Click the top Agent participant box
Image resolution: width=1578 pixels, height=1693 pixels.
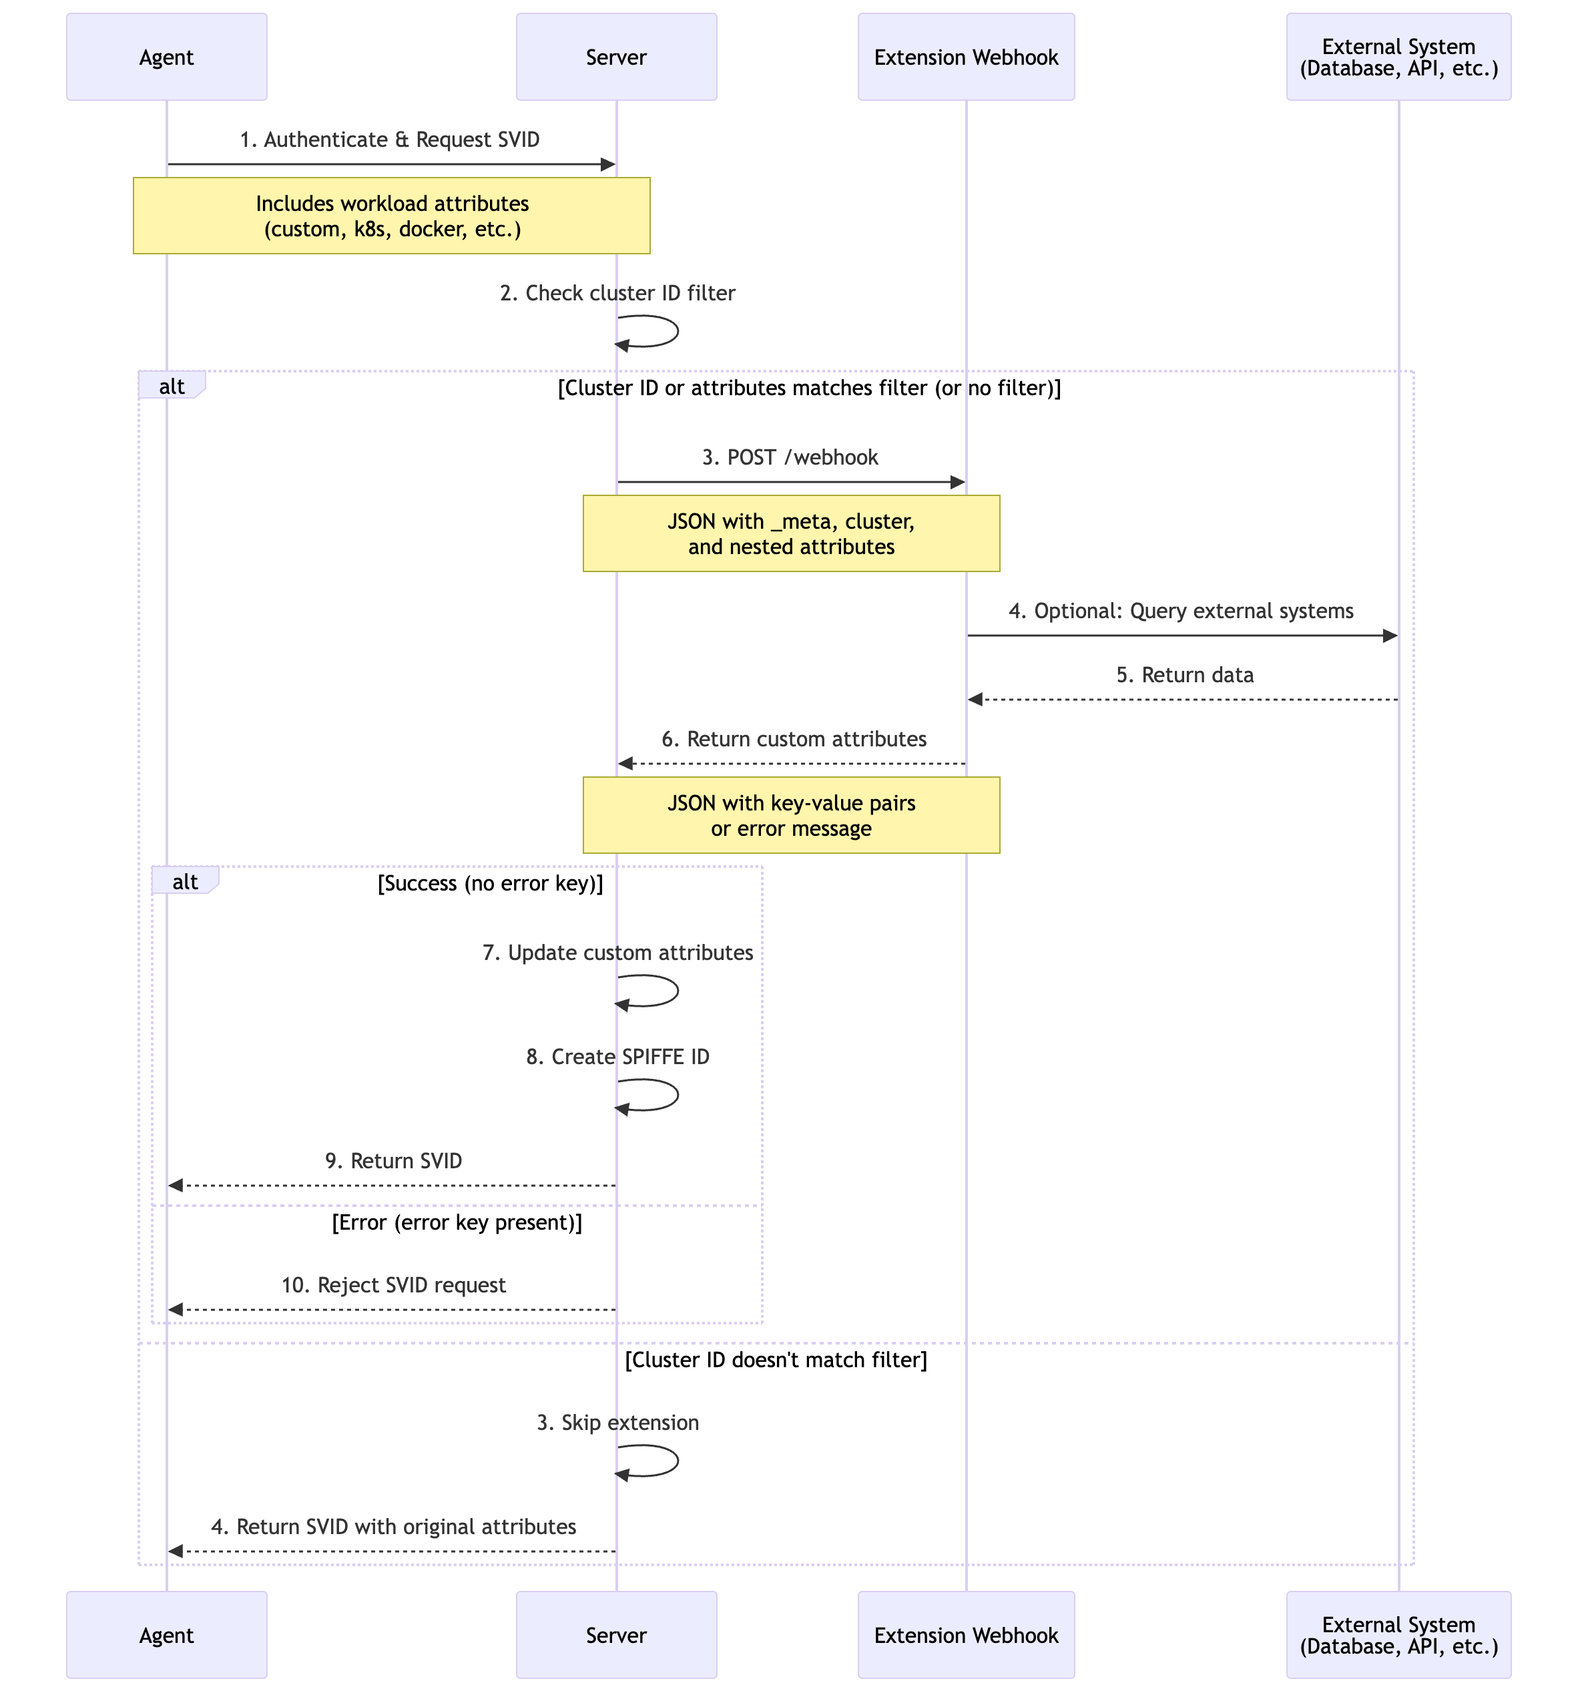point(166,57)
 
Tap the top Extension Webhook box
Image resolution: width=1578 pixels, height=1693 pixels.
point(966,57)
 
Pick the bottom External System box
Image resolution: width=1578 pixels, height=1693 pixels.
point(1398,1634)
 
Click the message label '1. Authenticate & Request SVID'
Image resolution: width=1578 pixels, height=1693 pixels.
point(389,140)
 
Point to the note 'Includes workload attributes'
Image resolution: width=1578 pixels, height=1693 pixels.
point(392,216)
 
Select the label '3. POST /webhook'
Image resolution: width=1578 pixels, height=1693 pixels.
point(790,457)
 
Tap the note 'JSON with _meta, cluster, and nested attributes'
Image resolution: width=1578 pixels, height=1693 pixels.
point(790,534)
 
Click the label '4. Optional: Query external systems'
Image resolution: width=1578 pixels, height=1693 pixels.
point(1180,611)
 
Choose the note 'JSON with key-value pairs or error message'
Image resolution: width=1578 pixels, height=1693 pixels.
point(790,815)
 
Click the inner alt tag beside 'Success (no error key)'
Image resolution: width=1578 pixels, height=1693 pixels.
point(185,881)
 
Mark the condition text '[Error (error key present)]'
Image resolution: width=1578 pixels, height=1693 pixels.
point(457,1223)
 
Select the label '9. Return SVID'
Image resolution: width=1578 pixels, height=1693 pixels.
point(393,1161)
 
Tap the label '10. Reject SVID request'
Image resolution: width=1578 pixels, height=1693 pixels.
point(393,1285)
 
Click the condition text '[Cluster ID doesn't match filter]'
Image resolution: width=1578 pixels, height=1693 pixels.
point(775,1360)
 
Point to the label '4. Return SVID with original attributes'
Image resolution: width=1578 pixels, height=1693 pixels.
point(393,1527)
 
